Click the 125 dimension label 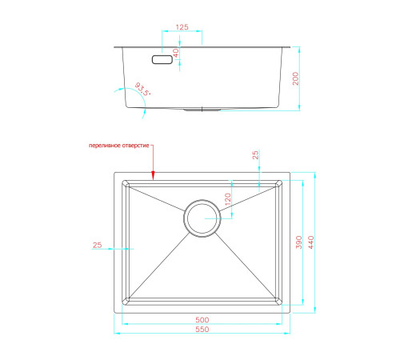click(182, 27)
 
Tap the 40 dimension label click(176, 53)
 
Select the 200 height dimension click(295, 78)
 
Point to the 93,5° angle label click(142, 89)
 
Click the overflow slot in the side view click(162, 59)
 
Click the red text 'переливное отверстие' click(118, 146)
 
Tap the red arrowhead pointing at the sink click(153, 175)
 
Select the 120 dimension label click(227, 199)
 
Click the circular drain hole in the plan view click(202, 218)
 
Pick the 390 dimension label click(298, 242)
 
